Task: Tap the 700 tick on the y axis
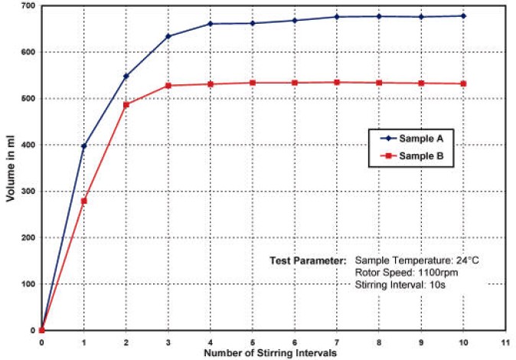[27, 6]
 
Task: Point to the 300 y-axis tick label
[27, 191]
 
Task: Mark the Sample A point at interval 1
[84, 146]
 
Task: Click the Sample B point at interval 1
[84, 201]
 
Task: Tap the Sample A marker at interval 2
[126, 76]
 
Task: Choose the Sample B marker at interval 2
[126, 104]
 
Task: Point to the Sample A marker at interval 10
[463, 16]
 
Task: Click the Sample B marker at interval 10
[463, 83]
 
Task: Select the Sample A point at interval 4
[211, 24]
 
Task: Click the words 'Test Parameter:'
[308, 260]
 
